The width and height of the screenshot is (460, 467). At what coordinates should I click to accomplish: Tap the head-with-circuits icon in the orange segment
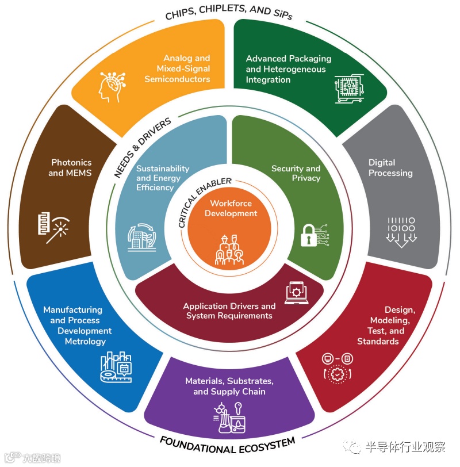(114, 87)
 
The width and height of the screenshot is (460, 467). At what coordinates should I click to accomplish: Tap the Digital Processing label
(390, 168)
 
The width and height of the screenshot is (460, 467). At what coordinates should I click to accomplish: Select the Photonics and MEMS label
(71, 168)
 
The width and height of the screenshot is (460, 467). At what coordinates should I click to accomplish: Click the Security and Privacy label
(296, 173)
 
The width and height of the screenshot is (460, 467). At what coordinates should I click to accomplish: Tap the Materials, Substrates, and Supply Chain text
(229, 386)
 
